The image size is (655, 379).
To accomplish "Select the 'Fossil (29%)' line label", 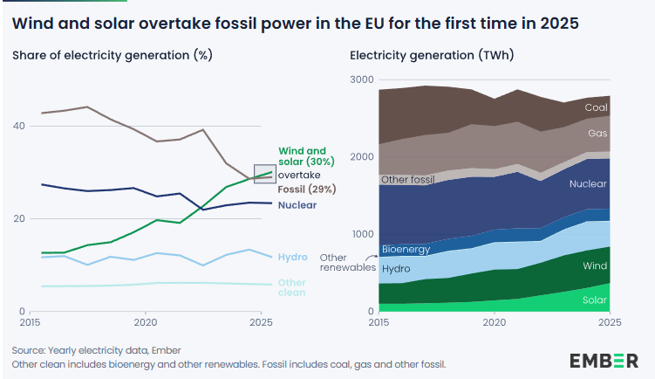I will (306, 189).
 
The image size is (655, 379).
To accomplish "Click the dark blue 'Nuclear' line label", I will (297, 205).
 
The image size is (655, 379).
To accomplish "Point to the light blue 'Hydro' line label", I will (292, 257).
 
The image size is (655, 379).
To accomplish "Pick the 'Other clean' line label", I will (292, 287).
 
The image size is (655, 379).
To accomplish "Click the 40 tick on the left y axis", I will (18, 126).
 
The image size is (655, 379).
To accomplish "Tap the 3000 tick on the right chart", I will (362, 80).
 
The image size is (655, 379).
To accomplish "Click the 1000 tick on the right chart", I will (362, 234).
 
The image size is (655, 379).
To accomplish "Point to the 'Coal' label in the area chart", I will (596, 107).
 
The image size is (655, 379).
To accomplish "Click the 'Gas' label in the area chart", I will (597, 134).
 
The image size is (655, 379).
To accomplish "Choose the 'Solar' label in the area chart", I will (594, 300).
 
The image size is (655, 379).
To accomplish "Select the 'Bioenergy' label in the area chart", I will (406, 250).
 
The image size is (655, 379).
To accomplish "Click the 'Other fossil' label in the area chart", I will (408, 180).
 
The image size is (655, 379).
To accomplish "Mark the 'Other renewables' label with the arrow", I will (347, 263).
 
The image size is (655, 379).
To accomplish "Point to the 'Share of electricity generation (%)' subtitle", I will (113, 55).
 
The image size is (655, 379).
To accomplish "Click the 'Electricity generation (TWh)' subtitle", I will (432, 55).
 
